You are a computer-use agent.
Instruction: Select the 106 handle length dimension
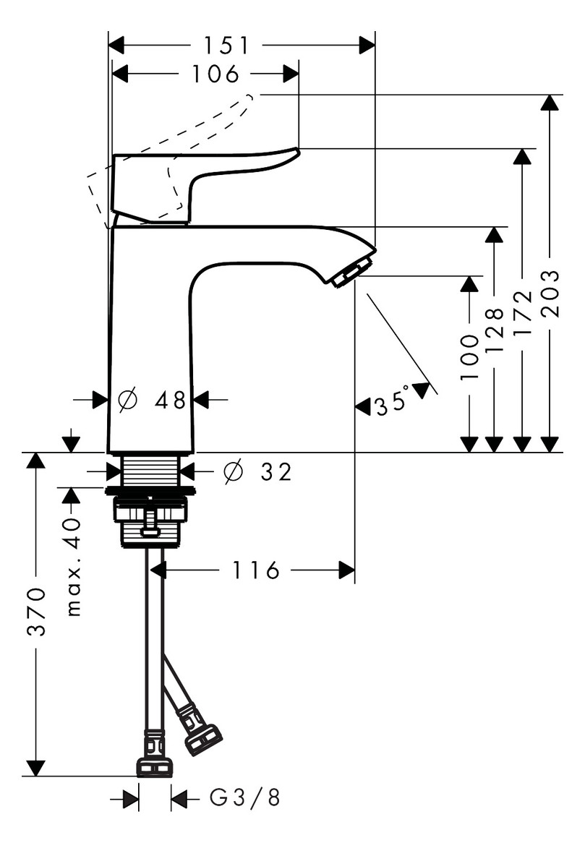click(215, 74)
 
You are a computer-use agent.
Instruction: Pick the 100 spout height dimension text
click(469, 358)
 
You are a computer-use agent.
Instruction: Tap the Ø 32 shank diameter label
click(257, 472)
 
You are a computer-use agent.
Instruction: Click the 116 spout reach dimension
click(256, 571)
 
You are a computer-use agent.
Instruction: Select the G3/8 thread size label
click(244, 799)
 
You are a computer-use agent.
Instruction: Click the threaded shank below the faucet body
click(151, 471)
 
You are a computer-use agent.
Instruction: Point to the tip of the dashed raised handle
click(249, 98)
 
